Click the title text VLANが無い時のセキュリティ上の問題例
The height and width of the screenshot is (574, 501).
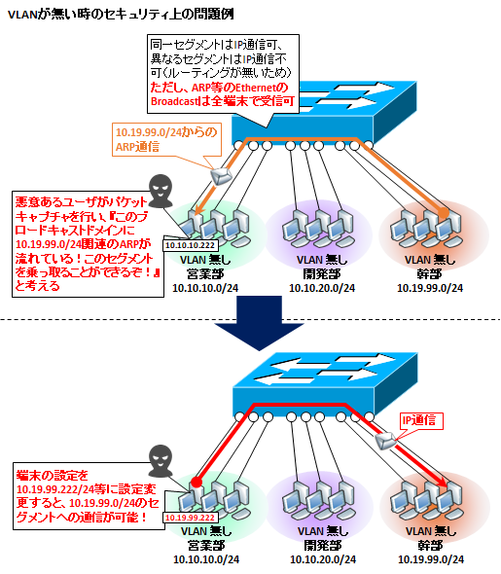pyautogui.click(x=121, y=15)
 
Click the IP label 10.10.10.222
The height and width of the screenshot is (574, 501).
pyautogui.click(x=190, y=245)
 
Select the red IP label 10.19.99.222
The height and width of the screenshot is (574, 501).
pyautogui.click(x=190, y=518)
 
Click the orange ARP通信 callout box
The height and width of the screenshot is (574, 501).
pyautogui.click(x=166, y=139)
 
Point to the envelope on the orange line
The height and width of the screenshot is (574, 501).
pyautogui.click(x=221, y=176)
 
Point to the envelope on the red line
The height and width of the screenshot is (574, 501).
pyautogui.click(x=386, y=441)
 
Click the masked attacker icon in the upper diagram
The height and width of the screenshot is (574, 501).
pyautogui.click(x=161, y=191)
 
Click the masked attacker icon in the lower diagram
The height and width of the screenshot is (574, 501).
pyautogui.click(x=161, y=461)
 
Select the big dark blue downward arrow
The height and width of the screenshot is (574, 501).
pyautogui.click(x=259, y=323)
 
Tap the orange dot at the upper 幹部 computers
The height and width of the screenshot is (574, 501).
pyautogui.click(x=444, y=213)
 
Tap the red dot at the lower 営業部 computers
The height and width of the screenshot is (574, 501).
pyautogui.click(x=197, y=483)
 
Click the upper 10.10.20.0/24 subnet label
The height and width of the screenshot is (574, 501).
pyautogui.click(x=322, y=288)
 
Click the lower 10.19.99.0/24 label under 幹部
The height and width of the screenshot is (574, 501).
pyautogui.click(x=431, y=559)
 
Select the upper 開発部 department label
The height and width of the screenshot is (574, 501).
pyautogui.click(x=322, y=273)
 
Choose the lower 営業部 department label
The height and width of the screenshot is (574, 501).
pyautogui.click(x=206, y=546)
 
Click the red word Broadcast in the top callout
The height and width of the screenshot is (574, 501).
pyautogui.click(x=174, y=101)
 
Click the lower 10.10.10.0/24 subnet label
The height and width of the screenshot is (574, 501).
pyautogui.click(x=206, y=559)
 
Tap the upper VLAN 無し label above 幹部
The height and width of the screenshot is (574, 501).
pyautogui.click(x=430, y=260)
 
